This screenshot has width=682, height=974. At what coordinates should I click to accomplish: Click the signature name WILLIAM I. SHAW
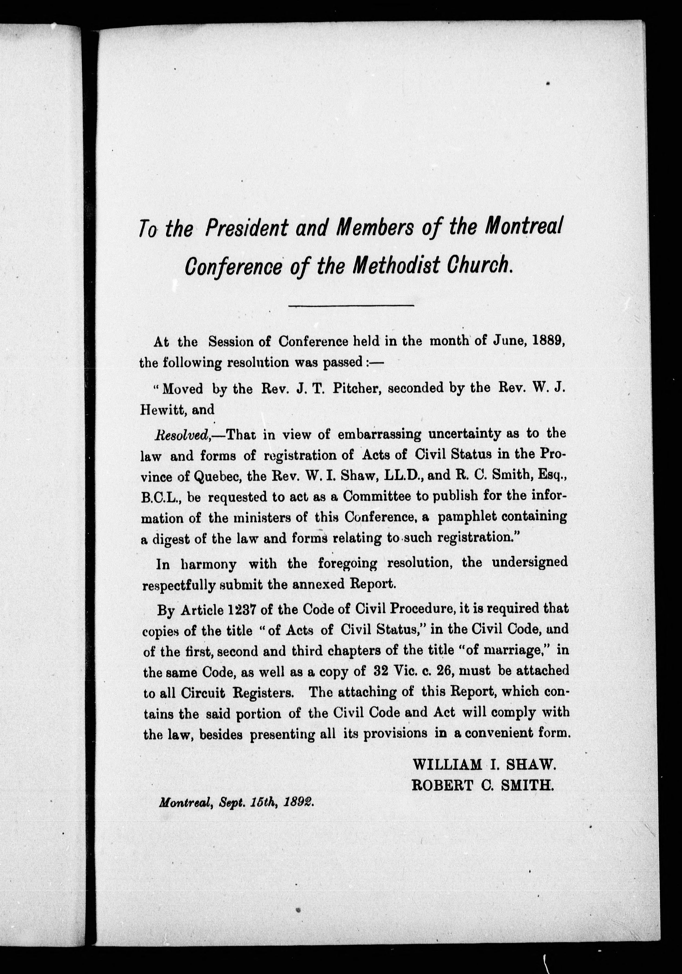point(484,765)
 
